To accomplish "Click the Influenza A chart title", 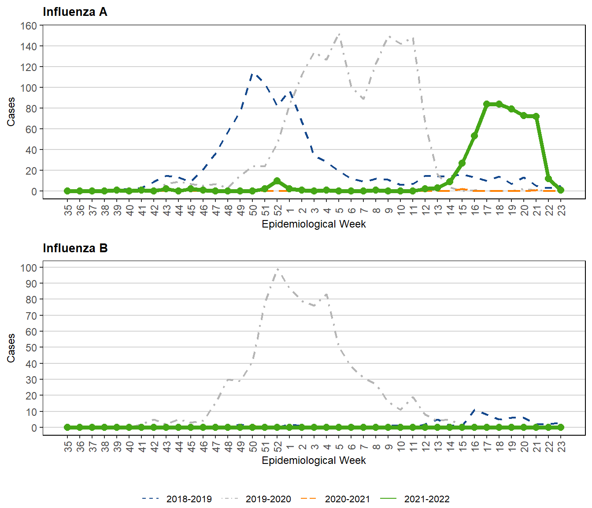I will pyautogui.click(x=75, y=12).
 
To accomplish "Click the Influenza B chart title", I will pyautogui.click(x=75, y=248).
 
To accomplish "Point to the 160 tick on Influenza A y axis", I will pyautogui.click(x=29, y=26).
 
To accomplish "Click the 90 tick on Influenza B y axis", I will pyautogui.click(x=31, y=284).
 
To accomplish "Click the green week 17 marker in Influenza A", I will pyautogui.click(x=487, y=104).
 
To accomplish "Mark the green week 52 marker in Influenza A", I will pyautogui.click(x=277, y=181).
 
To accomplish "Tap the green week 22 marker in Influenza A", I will pyautogui.click(x=548, y=179).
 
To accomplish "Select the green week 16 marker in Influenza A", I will pyautogui.click(x=474, y=136).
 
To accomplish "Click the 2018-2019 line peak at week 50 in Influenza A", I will pyautogui.click(x=252, y=74).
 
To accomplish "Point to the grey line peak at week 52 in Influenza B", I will pyautogui.click(x=277, y=269).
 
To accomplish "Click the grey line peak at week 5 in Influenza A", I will pyautogui.click(x=339, y=34).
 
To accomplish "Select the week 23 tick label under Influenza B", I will pyautogui.click(x=561, y=447).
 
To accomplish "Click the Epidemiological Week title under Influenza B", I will pyautogui.click(x=314, y=460).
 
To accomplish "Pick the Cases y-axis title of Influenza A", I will pyautogui.click(x=11, y=112).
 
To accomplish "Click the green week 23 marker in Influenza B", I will pyautogui.click(x=561, y=427).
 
